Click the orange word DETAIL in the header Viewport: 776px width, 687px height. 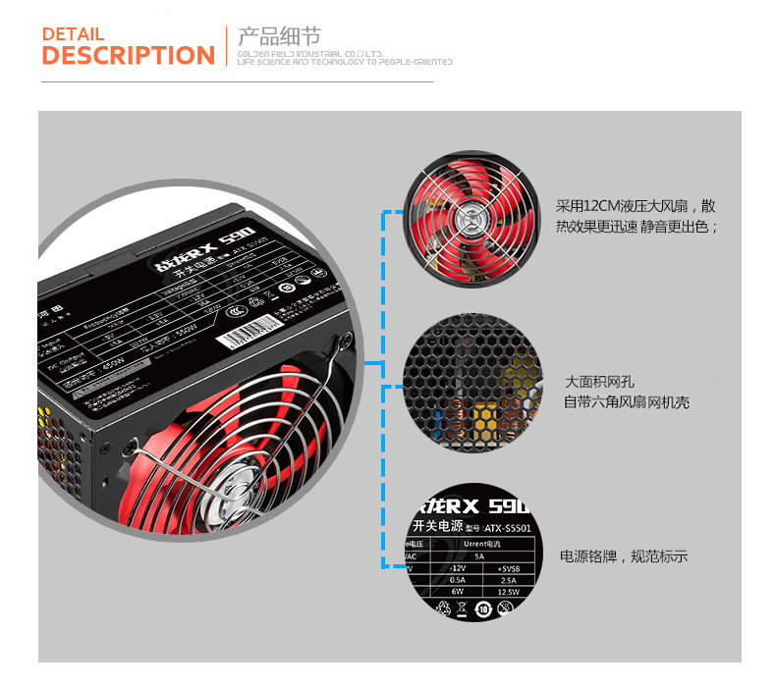coord(73,34)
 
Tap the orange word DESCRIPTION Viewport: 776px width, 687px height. coord(128,56)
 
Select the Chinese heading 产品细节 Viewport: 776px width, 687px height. coord(279,36)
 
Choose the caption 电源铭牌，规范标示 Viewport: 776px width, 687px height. coord(624,556)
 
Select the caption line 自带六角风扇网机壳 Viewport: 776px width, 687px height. coord(626,402)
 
